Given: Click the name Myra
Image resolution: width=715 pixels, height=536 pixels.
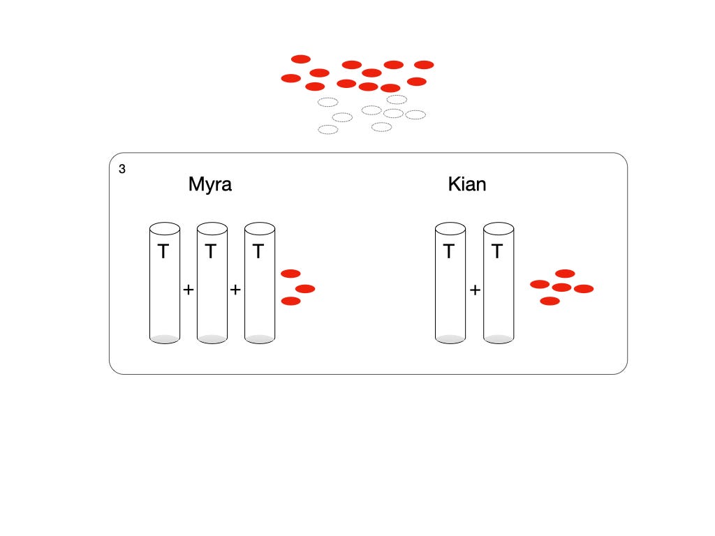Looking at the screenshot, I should [x=209, y=185].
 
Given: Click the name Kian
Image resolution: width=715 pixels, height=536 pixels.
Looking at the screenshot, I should [x=467, y=185].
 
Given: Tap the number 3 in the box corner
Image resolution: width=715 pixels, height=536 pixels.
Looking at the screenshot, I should [x=122, y=169].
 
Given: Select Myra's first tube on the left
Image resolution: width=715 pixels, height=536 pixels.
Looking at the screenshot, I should [x=165, y=293].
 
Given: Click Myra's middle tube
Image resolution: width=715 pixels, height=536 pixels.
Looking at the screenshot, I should [x=212, y=293].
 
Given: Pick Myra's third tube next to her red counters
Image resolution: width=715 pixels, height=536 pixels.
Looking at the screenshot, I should [x=260, y=293].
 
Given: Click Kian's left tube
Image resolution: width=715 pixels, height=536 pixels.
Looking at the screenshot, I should [x=450, y=293].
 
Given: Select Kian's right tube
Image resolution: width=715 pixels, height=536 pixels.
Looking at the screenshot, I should [x=498, y=293].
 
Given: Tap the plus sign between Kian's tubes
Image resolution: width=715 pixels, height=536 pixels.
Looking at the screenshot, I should [x=475, y=290].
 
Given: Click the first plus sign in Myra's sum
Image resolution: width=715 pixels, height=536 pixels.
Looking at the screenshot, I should [x=188, y=290].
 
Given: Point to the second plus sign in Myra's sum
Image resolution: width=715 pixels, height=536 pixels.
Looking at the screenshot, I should [x=235, y=290].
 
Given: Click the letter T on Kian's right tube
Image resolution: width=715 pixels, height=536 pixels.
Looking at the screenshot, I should [x=497, y=252].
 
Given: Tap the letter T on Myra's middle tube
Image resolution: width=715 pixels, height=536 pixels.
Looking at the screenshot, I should [x=211, y=252].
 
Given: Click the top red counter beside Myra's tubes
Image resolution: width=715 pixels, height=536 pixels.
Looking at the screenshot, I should [x=290, y=274].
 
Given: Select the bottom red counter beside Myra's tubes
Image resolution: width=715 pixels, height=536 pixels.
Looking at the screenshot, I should [x=290, y=301].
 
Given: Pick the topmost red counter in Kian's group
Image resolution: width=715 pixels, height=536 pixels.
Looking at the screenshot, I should [x=565, y=274].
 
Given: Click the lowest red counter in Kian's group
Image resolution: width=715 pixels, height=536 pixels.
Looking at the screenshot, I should [x=550, y=301].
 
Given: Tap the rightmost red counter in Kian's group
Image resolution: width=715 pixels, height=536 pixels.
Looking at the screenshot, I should [x=584, y=288].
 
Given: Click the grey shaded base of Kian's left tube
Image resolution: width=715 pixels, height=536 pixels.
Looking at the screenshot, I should [x=450, y=338].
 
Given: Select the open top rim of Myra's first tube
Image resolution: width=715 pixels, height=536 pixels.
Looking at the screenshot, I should [x=165, y=228].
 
